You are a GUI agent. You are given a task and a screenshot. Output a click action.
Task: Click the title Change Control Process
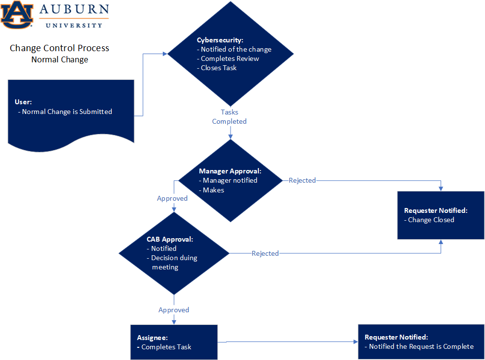tap(59, 48)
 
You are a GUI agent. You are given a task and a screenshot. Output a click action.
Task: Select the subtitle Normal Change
tap(59, 59)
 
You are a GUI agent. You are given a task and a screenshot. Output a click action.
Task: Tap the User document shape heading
tap(23, 102)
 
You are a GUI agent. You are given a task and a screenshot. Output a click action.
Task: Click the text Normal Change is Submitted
tap(67, 112)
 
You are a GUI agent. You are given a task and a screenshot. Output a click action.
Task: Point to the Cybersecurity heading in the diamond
tap(220, 40)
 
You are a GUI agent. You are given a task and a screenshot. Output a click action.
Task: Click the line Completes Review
tap(230, 58)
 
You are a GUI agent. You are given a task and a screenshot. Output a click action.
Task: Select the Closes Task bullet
tap(218, 68)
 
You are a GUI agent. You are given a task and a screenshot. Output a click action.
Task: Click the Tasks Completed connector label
tap(229, 117)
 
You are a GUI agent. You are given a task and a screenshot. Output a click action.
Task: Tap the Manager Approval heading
tap(230, 171)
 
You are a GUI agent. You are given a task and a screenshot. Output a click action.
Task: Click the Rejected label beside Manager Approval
tap(302, 180)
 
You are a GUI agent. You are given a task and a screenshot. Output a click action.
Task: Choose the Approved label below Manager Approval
tap(172, 198)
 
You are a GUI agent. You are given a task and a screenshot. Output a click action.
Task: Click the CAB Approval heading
tap(170, 239)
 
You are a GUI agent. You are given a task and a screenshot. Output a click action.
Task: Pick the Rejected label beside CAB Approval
tap(265, 253)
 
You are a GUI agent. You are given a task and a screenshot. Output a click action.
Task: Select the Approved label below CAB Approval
tap(174, 310)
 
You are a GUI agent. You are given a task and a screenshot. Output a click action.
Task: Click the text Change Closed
tap(431, 220)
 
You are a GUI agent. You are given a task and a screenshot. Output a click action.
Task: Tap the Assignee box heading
tap(153, 338)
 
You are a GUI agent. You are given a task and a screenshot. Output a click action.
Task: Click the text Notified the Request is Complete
tap(421, 346)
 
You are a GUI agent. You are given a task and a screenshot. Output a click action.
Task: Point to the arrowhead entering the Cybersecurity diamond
tap(165, 54)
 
